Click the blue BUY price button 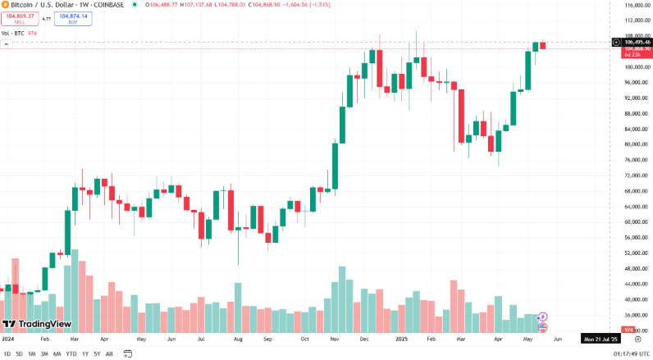[74, 17]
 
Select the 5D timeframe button [19, 353]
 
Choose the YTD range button [71, 353]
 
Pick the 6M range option [57, 353]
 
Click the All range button [109, 353]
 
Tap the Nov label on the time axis [335, 338]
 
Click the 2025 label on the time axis [401, 338]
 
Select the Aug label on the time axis [238, 338]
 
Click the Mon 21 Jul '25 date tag [599, 338]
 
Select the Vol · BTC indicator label [12, 33]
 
